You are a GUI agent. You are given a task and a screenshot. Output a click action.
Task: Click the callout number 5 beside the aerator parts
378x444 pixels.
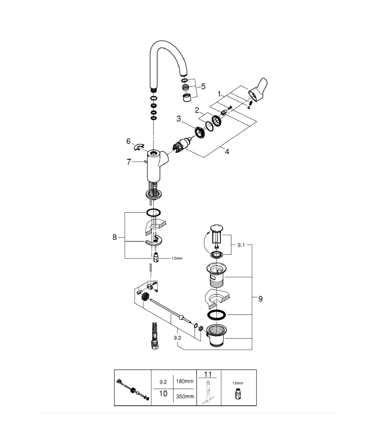tap(203, 87)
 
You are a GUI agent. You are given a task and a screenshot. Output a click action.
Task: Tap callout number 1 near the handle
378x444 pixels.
tap(219, 94)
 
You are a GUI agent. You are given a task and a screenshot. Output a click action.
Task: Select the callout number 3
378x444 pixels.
tap(179, 119)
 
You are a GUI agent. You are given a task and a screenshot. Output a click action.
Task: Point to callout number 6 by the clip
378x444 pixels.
tap(128, 141)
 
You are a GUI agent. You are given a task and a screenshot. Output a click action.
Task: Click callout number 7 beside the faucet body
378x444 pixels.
tap(129, 162)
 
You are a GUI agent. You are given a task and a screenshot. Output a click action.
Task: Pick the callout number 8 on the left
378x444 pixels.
tap(115, 237)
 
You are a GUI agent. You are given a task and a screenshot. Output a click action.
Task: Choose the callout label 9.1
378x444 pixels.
tap(241, 245)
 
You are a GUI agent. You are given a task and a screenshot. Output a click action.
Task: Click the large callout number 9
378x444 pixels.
tap(260, 299)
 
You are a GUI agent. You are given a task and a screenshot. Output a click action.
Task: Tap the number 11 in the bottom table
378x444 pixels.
tap(208, 374)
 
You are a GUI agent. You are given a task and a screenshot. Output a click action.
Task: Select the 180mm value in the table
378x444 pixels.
tap(185, 381)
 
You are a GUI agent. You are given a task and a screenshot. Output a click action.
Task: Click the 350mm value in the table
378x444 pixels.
tap(185, 397)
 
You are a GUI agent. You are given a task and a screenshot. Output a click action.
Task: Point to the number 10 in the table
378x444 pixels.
tap(163, 394)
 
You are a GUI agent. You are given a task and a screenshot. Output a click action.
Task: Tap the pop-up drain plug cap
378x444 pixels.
tap(217, 228)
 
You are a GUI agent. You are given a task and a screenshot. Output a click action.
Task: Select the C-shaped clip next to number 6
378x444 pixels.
tap(139, 147)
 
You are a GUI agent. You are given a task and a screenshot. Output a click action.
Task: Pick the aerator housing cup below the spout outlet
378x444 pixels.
tap(186, 98)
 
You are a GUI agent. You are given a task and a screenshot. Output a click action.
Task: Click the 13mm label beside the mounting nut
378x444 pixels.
tap(177, 258)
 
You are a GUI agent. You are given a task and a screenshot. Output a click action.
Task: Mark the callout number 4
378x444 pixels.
tap(226, 152)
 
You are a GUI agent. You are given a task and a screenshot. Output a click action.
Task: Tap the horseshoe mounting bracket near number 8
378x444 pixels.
tap(154, 241)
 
